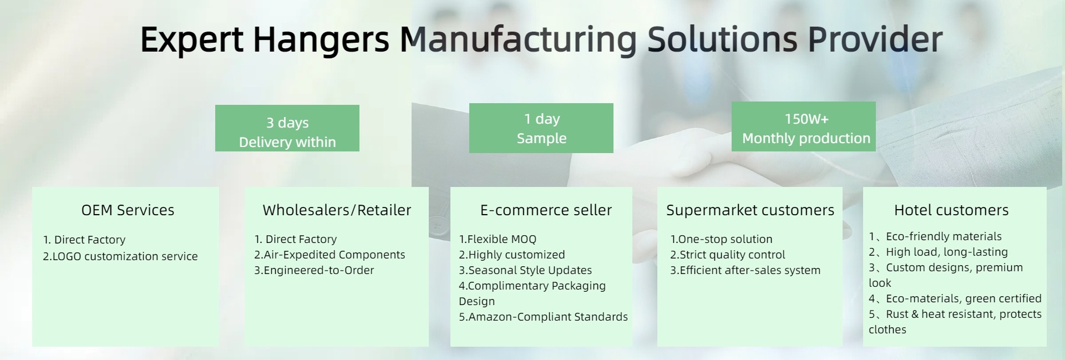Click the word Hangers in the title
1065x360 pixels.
[x=321, y=40]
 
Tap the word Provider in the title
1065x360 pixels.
[x=875, y=39]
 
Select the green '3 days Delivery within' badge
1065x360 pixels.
[x=287, y=128]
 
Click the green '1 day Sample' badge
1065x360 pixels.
[x=541, y=128]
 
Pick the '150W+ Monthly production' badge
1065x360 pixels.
[x=804, y=126]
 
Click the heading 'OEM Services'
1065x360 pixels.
[x=128, y=210]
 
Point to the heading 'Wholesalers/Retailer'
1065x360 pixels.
[x=337, y=210]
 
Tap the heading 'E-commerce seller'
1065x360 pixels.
[x=546, y=210]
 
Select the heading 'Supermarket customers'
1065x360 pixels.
[x=750, y=210]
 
